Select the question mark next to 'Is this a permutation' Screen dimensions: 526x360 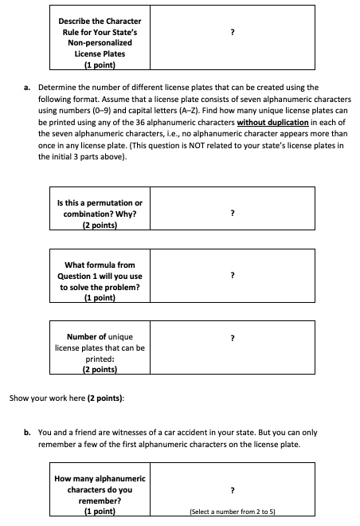(232, 214)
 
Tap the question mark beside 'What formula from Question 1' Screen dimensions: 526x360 (232, 275)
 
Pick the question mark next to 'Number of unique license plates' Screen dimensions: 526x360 (232, 338)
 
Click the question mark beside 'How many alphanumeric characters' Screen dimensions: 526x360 (232, 491)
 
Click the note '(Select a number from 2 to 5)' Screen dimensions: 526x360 (232, 513)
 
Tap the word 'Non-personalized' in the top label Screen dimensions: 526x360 (99, 44)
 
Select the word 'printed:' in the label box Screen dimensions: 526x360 (100, 359)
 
